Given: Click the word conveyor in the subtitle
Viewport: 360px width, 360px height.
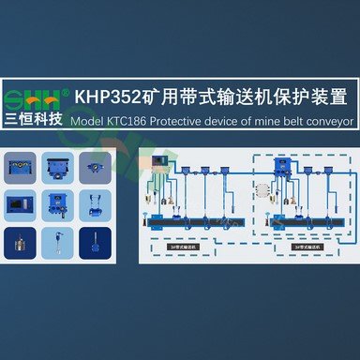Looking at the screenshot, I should coord(325,121).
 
